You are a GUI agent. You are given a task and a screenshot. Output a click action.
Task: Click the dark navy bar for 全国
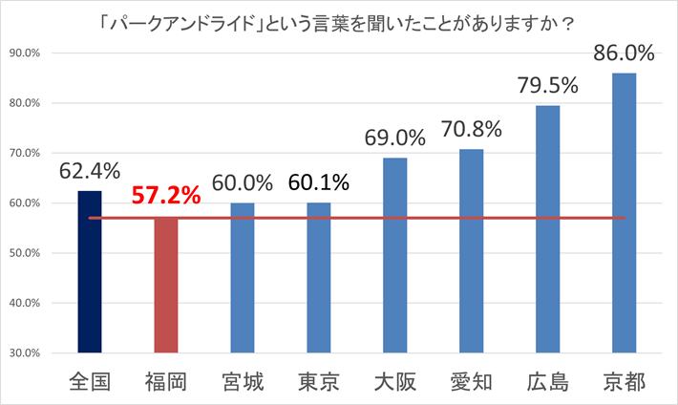coord(90,272)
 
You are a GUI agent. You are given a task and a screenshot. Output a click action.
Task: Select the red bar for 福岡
coord(166,286)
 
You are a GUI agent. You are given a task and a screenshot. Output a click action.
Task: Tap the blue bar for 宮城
coord(243,278)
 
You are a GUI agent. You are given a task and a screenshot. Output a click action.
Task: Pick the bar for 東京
coord(319,278)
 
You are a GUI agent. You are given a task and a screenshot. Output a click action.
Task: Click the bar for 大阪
coord(394,255)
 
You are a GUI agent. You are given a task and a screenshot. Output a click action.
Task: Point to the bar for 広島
coord(547,229)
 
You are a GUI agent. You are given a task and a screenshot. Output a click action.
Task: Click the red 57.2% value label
coord(166,197)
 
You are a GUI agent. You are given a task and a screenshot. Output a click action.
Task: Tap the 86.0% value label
coord(624,53)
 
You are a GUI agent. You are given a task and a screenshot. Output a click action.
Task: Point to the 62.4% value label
coord(90,171)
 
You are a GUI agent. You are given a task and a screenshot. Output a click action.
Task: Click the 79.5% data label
coord(548,86)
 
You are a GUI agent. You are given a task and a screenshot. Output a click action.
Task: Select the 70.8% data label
coord(471,129)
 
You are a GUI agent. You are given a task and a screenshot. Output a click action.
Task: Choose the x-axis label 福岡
coord(166,382)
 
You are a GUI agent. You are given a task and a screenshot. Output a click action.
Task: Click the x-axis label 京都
coord(624,382)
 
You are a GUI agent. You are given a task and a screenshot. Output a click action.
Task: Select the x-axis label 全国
coord(90,382)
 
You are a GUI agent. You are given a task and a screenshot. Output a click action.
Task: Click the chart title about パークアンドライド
coord(339,20)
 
